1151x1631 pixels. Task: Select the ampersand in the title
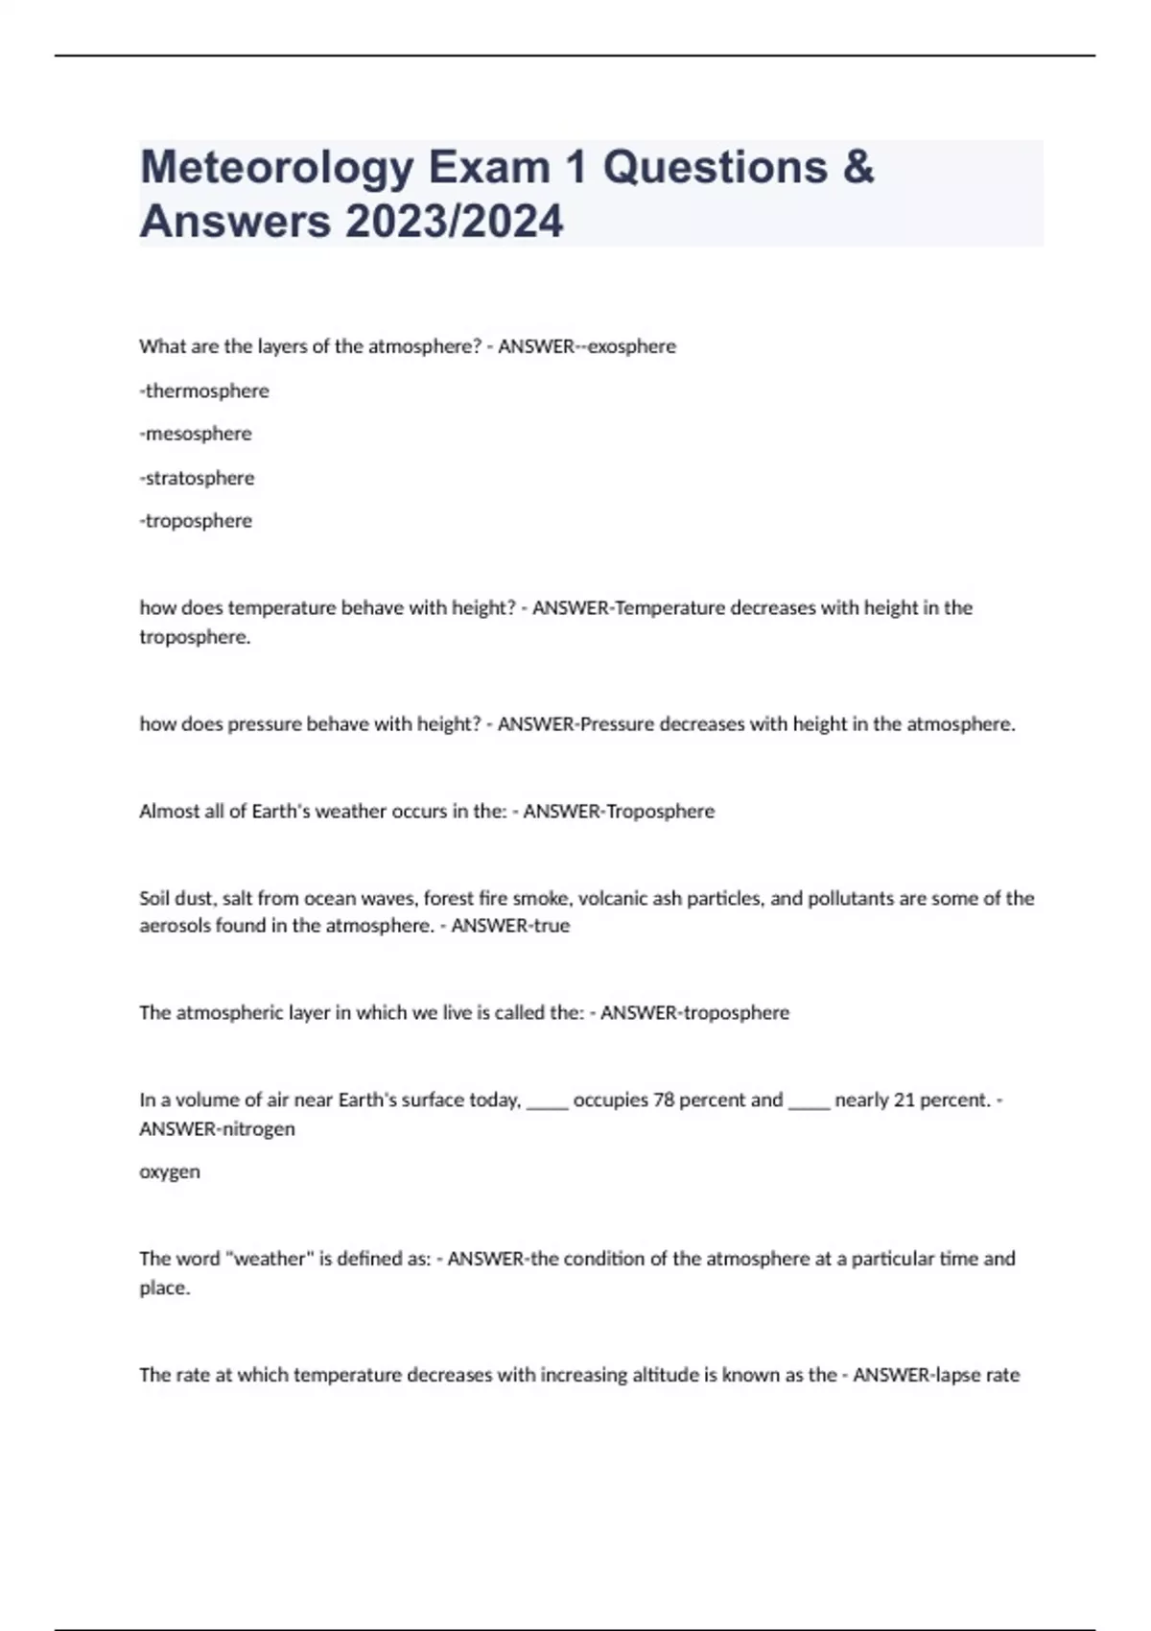pyautogui.click(x=858, y=168)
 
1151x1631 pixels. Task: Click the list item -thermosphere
pyautogui.click(x=204, y=390)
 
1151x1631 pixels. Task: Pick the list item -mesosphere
pyautogui.click(x=196, y=434)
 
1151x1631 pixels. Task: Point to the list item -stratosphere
pyautogui.click(x=197, y=478)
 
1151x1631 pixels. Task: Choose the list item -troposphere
pyautogui.click(x=196, y=521)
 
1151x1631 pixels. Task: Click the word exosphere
pyautogui.click(x=632, y=346)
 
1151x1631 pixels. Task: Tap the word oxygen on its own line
pyautogui.click(x=170, y=1171)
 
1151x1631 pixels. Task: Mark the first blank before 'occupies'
pyautogui.click(x=548, y=1103)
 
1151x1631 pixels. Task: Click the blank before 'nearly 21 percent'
pyautogui.click(x=809, y=1103)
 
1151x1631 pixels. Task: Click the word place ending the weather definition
pyautogui.click(x=164, y=1288)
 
